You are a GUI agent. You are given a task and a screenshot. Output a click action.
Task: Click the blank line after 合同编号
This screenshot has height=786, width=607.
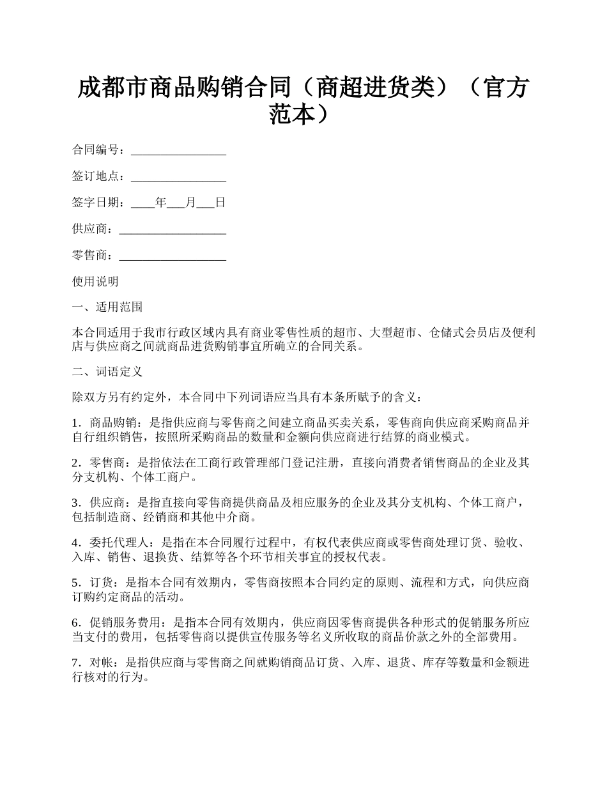[x=178, y=151]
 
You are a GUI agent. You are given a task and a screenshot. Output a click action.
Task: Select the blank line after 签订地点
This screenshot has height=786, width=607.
[x=178, y=177]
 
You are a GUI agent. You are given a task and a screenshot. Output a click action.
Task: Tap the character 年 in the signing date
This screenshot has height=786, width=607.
[x=160, y=203]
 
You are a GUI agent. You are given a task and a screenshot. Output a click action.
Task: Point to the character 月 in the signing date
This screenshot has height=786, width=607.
[x=190, y=203]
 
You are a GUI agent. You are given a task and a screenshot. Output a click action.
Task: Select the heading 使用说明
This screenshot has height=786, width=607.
[x=95, y=282]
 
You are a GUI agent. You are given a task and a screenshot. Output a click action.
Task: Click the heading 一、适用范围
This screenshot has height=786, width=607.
[x=107, y=307]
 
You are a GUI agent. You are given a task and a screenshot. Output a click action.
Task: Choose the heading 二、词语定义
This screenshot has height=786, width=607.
[x=107, y=372]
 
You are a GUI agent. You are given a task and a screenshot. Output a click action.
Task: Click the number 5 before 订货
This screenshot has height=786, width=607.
[x=75, y=583]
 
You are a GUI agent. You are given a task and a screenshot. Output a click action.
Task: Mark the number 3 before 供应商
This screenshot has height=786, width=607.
[x=75, y=504]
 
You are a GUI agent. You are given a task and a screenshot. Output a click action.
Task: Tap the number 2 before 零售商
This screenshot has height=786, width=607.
[x=75, y=463]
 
